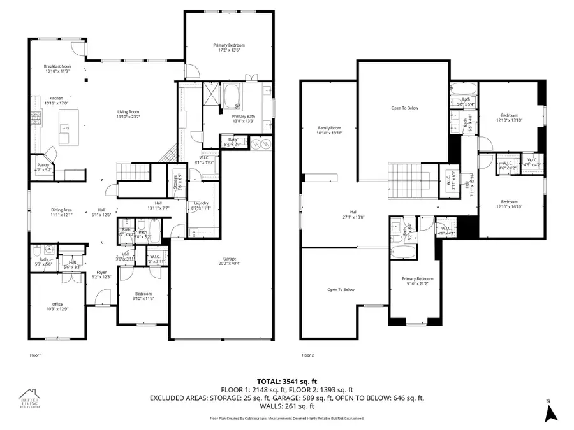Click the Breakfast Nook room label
coord(57,69)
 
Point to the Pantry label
coord(43,168)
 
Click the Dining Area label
coord(62,213)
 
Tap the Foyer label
coord(102,274)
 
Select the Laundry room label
coord(200,206)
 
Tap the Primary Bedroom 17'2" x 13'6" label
coord(228,48)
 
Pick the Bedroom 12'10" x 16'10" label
coord(509,204)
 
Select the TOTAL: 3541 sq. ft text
coord(287,380)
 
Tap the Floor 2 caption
coord(307,355)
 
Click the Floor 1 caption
coord(36,355)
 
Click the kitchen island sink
coord(66,128)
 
